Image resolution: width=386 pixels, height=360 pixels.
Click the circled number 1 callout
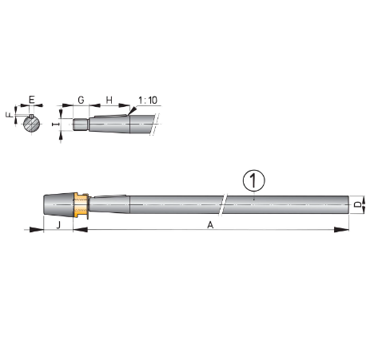point(253,181)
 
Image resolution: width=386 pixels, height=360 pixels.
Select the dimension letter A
point(210,225)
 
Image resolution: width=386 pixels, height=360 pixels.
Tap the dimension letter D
point(357,205)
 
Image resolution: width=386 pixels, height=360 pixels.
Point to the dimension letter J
point(58,225)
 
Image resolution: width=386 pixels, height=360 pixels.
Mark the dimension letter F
point(10,114)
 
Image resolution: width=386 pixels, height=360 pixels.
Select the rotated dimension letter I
point(54,125)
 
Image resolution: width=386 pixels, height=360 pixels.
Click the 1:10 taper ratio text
point(147,101)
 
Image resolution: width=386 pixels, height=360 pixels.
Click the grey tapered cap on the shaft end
point(56,205)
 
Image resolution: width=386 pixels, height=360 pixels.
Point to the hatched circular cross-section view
point(30,125)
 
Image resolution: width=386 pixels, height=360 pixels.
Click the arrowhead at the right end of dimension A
point(345,231)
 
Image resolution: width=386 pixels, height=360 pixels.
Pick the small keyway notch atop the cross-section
point(30,117)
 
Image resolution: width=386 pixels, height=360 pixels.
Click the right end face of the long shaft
point(349,205)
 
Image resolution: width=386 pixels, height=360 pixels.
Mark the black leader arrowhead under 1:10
point(131,117)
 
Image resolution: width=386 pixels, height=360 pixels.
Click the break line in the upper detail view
point(154,124)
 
